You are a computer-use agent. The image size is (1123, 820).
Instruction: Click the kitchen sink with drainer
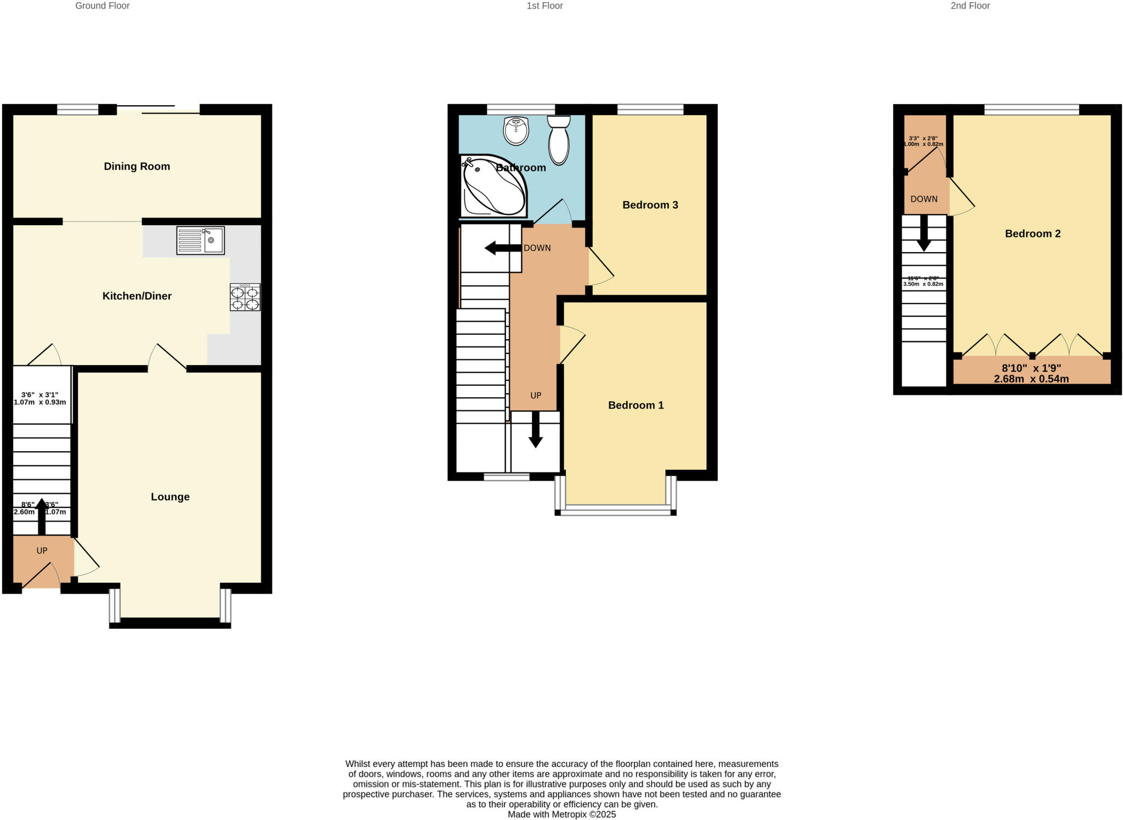point(200,240)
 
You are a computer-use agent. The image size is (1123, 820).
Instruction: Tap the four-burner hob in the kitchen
point(245,298)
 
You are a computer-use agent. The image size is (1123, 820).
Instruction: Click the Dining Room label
point(137,167)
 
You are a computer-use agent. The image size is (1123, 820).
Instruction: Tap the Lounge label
point(170,497)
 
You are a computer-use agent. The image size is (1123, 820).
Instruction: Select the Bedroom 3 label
point(650,205)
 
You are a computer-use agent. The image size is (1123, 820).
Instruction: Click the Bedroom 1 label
point(636,405)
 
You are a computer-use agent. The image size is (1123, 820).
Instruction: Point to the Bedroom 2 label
point(1033,234)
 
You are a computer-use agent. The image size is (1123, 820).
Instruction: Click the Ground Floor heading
point(102,6)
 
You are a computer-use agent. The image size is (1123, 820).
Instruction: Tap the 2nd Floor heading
point(970,6)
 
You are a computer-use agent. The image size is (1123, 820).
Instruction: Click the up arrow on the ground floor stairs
point(41,516)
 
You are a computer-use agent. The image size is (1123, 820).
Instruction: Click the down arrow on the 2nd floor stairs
point(924,234)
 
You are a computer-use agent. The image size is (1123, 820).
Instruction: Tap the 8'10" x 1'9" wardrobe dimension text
point(1031,373)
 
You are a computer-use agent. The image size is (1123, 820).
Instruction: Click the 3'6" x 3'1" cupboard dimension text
point(39,398)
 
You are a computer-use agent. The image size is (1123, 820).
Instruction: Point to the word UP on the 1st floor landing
point(536,395)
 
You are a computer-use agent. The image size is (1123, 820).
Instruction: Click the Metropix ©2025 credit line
point(561,815)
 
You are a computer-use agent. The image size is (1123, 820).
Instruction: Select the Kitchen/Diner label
point(137,296)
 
